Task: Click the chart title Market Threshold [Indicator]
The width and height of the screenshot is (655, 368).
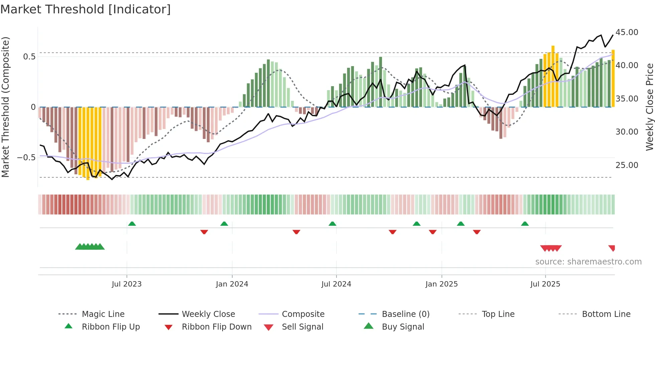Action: pos(86,9)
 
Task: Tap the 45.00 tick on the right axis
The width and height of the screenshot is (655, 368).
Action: pos(627,32)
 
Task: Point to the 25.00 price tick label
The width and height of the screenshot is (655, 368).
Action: pos(627,165)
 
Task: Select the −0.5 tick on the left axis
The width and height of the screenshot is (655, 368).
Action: pos(26,157)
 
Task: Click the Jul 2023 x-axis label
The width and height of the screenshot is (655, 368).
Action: pos(127,284)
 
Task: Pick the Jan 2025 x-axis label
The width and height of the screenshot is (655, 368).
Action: pos(441,284)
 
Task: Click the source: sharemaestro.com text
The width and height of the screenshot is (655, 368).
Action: pos(588,262)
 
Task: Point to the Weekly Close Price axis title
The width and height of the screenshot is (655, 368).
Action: pos(649,107)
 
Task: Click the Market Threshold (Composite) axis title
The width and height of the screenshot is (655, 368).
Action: pos(5,107)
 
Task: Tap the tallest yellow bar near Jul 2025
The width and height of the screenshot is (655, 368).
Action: pos(553,77)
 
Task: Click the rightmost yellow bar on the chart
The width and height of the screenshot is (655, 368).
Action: pos(613,78)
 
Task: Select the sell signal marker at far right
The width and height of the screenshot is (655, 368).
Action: pos(612,248)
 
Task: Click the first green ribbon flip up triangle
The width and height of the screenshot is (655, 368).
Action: pos(132,224)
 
